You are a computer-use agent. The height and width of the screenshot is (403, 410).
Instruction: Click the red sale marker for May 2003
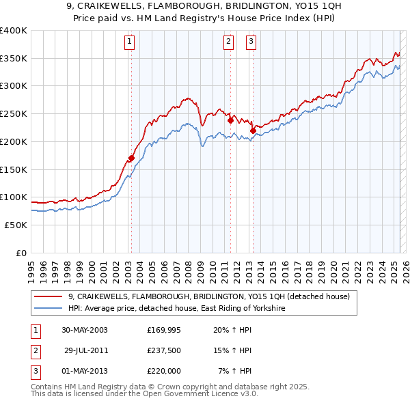pos(131,158)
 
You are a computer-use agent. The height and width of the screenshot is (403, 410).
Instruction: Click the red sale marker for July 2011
pos(230,121)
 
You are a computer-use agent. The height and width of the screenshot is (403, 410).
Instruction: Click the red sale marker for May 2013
pos(253,130)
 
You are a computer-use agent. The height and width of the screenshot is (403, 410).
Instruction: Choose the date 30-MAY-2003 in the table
pos(84,330)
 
